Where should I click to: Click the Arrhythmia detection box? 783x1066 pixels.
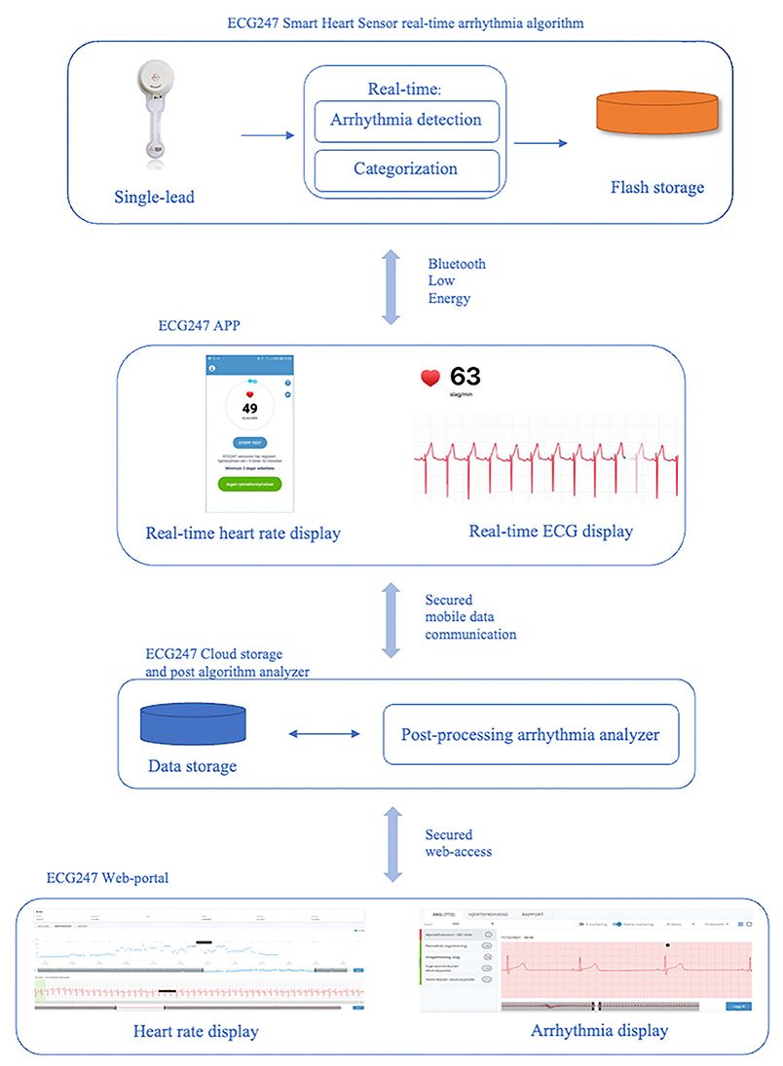coord(405,121)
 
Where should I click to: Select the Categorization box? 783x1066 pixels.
coord(405,169)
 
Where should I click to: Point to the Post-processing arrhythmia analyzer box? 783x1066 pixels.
coord(530,734)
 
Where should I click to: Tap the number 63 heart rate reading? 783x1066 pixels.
coord(464,378)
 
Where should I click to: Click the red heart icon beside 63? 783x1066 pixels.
coord(429,378)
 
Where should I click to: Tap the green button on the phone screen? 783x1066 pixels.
coord(248,483)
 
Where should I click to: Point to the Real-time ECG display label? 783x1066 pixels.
coord(550,532)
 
